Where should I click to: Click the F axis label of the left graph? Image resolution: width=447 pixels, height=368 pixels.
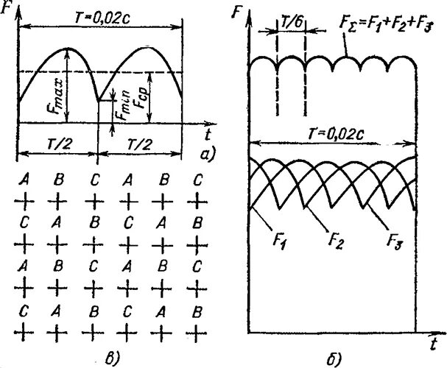tap(7, 11)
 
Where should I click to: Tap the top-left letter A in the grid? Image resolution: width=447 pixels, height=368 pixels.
tap(24, 179)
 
